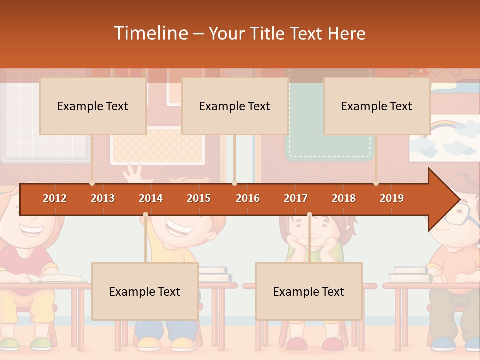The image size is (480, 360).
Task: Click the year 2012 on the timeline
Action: [x=55, y=198]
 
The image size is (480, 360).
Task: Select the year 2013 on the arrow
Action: [x=103, y=198]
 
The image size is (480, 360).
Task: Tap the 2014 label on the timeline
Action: [x=151, y=198]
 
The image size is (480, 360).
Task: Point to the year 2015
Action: [x=199, y=198]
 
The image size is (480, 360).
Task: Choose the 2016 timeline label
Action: [x=248, y=198]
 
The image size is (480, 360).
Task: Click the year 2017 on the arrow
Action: [x=296, y=198]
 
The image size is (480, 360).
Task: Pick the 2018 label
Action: [x=344, y=198]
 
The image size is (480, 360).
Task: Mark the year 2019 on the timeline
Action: [x=392, y=198]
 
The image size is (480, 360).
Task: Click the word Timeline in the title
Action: [x=149, y=33]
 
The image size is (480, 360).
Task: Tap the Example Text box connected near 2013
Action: [x=93, y=106]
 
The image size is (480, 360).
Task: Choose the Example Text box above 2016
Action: [x=235, y=106]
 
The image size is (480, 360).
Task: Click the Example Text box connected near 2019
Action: [x=377, y=106]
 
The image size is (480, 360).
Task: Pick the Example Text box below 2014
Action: [x=145, y=291]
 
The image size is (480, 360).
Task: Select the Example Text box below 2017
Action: [x=309, y=291]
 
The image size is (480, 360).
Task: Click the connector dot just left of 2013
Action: [x=92, y=183]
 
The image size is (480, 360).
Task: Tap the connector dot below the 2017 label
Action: [x=309, y=215]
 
